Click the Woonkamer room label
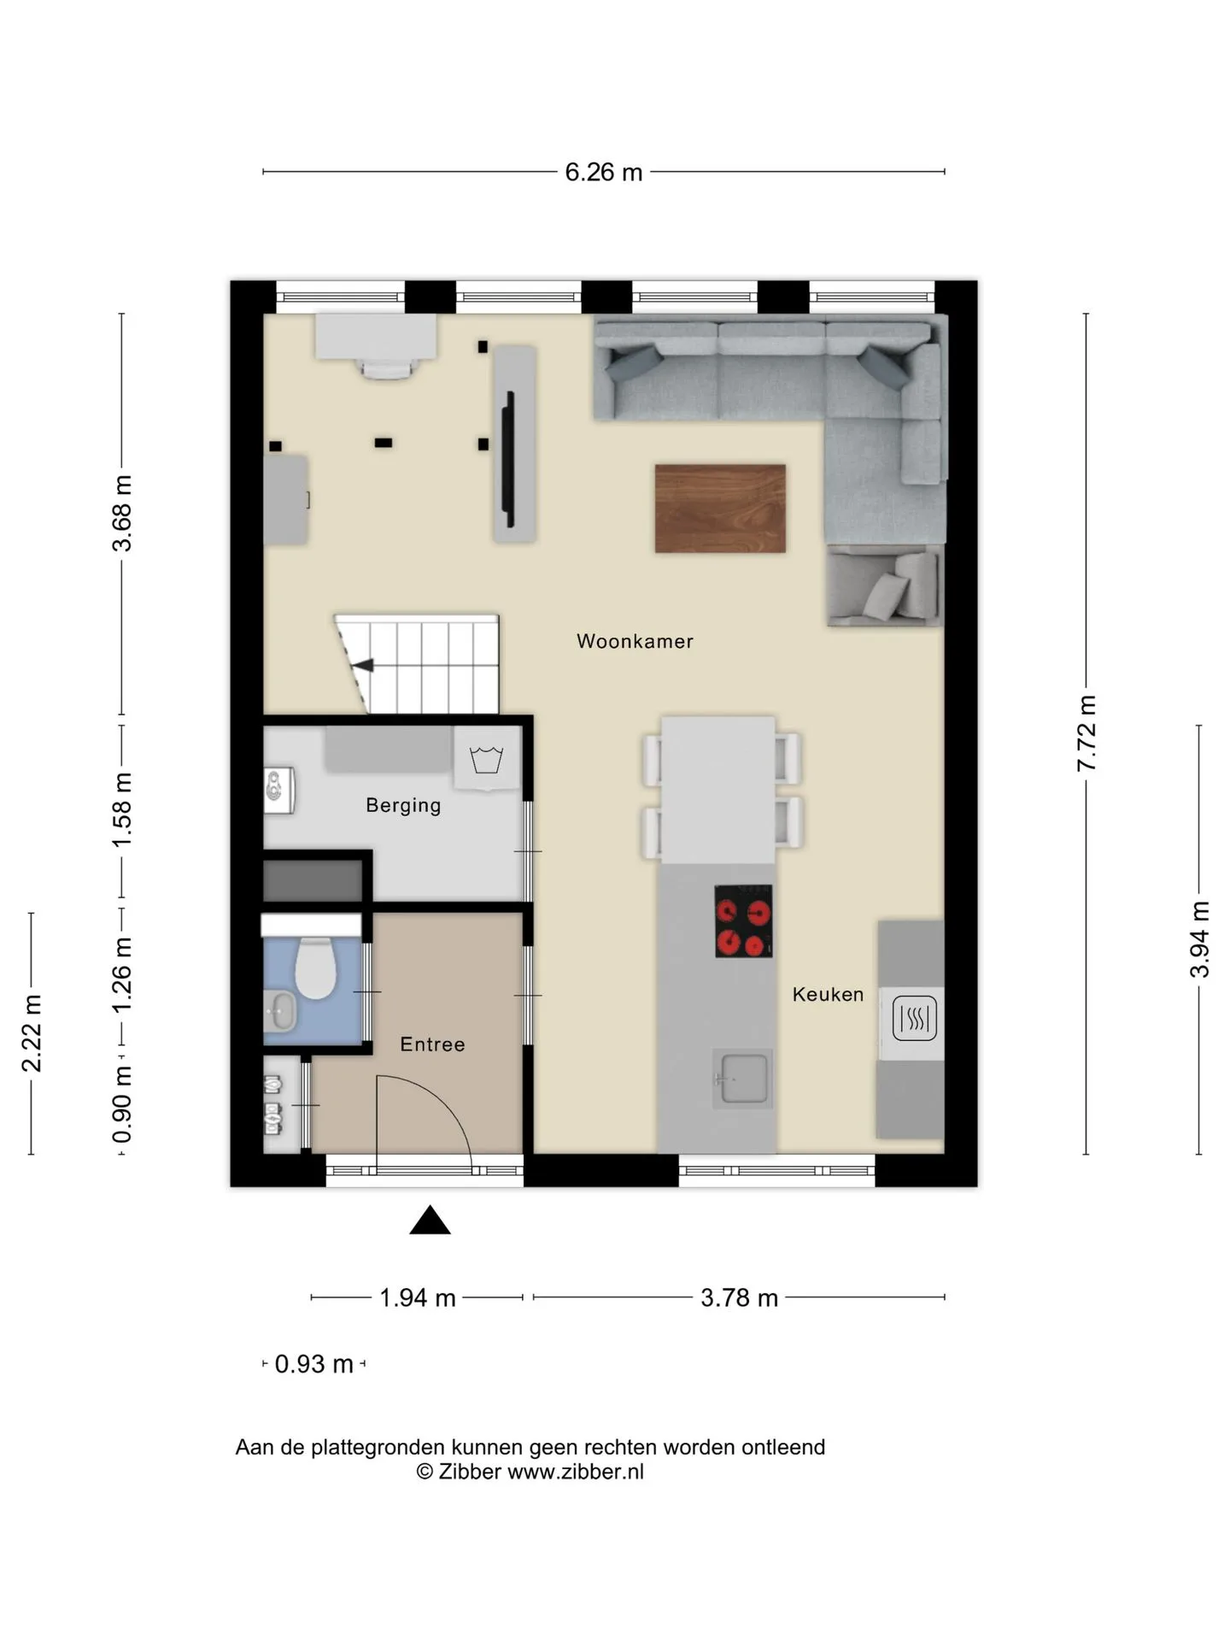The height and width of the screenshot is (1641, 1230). pos(635,641)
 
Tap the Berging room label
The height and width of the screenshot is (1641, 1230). pos(403,805)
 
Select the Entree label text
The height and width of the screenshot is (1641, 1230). pos(432,1044)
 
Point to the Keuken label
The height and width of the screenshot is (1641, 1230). pos(828,994)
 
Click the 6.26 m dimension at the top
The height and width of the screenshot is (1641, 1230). pos(603,172)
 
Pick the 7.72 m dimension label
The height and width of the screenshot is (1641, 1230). pos(1086,733)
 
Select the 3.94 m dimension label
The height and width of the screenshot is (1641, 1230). pos(1199,939)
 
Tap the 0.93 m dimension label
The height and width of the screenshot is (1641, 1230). pos(313,1364)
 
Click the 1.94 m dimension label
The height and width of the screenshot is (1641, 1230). pos(417,1297)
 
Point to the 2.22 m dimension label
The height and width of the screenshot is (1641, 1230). pos(32,1032)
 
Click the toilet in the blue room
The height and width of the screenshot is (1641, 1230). pos(314,968)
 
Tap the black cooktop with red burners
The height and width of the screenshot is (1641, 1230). pos(743,920)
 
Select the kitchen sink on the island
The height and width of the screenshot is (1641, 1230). pos(742,1079)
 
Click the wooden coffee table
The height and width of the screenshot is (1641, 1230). pos(720,509)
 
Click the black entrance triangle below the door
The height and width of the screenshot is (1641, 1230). pos(430,1221)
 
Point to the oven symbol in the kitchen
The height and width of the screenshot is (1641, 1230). pos(914,1019)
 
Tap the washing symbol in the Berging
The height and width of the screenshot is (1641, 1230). pos(486,759)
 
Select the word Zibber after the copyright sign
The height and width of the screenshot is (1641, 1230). pos(469,1471)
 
